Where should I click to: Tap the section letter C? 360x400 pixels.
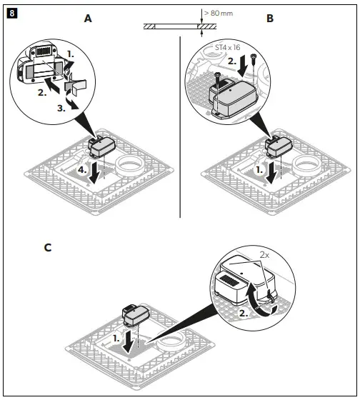click(47, 248)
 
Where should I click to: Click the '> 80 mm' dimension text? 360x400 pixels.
click(219, 12)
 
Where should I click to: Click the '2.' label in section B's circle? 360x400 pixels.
click(232, 62)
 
